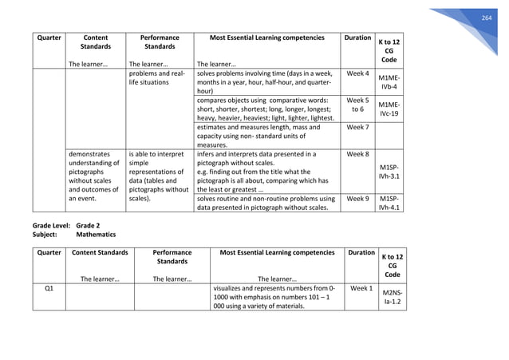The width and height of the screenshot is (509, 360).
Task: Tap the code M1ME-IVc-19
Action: (x=389, y=109)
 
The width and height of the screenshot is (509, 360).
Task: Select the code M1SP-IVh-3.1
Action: (x=389, y=170)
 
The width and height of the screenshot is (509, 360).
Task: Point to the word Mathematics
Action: (x=95, y=235)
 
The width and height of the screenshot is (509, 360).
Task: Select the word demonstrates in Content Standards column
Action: (x=89, y=154)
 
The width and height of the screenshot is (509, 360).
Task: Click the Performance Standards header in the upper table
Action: (x=159, y=42)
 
